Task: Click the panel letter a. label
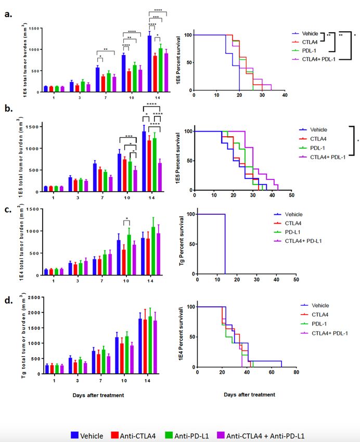(9, 14)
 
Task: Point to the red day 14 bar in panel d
(146, 343)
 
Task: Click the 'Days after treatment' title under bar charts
(98, 395)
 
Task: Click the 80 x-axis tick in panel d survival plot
(296, 373)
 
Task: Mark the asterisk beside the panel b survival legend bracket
(357, 141)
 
